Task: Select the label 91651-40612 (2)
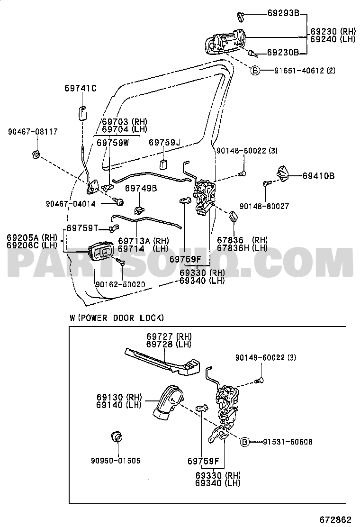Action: [x=305, y=71]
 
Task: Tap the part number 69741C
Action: [x=81, y=88]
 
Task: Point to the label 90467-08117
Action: [x=32, y=132]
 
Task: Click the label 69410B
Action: [x=319, y=176]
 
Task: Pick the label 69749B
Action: [x=141, y=188]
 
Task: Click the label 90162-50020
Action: [x=120, y=284]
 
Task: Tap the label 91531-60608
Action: [x=288, y=442]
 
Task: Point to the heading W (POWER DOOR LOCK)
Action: [x=116, y=318]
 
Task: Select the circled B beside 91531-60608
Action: [x=244, y=442]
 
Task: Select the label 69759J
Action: [x=165, y=142]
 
